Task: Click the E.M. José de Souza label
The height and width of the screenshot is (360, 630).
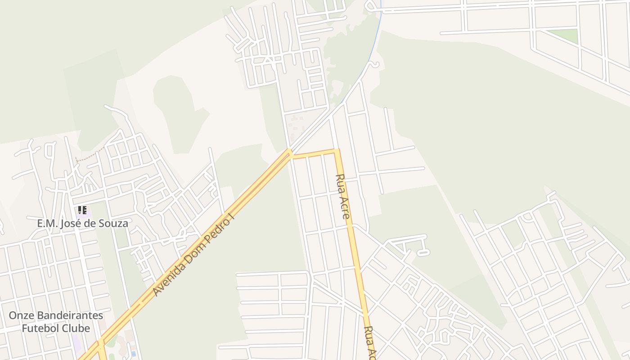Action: click(x=82, y=223)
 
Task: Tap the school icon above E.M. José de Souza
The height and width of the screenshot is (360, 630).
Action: click(x=82, y=210)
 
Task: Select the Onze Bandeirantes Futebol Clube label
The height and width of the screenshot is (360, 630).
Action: click(x=56, y=322)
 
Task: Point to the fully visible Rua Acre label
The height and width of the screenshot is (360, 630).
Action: click(x=343, y=196)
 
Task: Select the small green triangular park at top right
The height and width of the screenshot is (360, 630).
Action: click(x=565, y=36)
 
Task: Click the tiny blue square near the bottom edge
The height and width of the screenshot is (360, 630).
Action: click(x=133, y=354)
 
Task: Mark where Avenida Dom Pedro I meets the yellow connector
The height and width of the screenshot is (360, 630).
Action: click(x=291, y=154)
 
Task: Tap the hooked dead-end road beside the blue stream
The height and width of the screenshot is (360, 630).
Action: click(x=374, y=65)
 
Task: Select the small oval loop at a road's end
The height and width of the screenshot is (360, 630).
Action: click(x=423, y=252)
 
